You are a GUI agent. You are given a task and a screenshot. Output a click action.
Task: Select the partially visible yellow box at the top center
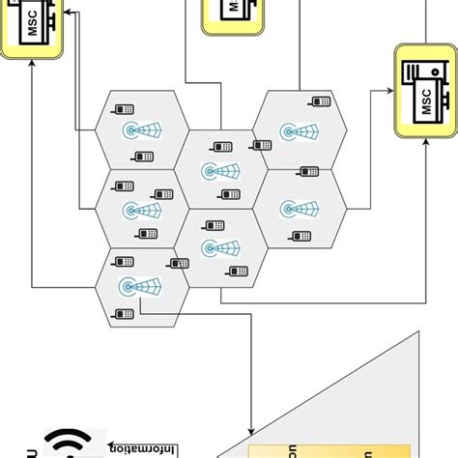[x=231, y=14]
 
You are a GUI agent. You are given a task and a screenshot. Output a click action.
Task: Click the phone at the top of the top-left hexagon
[x=124, y=106]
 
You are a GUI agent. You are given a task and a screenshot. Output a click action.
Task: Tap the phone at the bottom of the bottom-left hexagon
[x=123, y=314]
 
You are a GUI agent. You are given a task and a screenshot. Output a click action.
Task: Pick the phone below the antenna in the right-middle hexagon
[x=301, y=236]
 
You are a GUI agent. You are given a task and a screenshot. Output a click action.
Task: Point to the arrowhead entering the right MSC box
[x=389, y=92]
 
